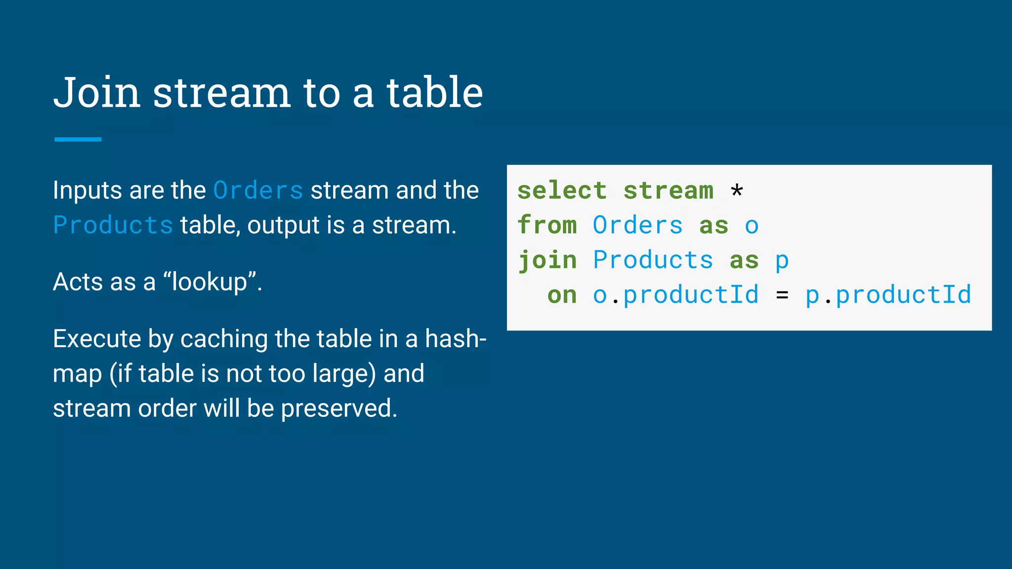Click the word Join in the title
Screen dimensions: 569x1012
pos(97,93)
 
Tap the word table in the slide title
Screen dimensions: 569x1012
pos(434,93)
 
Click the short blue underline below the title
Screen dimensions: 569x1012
pos(78,140)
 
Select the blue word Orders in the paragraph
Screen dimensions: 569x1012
pos(258,191)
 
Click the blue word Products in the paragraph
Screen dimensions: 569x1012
pos(113,225)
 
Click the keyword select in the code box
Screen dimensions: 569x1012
pos(562,191)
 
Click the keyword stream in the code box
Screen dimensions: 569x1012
pos(668,191)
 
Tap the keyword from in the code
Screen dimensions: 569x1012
pos(547,225)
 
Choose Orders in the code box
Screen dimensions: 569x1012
pos(637,225)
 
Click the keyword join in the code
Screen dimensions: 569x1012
pos(548,260)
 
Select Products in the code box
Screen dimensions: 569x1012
pos(653,260)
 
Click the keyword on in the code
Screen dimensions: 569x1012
pos(562,295)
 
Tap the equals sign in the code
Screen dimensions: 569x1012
pos(782,295)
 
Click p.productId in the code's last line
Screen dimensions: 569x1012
pos(888,295)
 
